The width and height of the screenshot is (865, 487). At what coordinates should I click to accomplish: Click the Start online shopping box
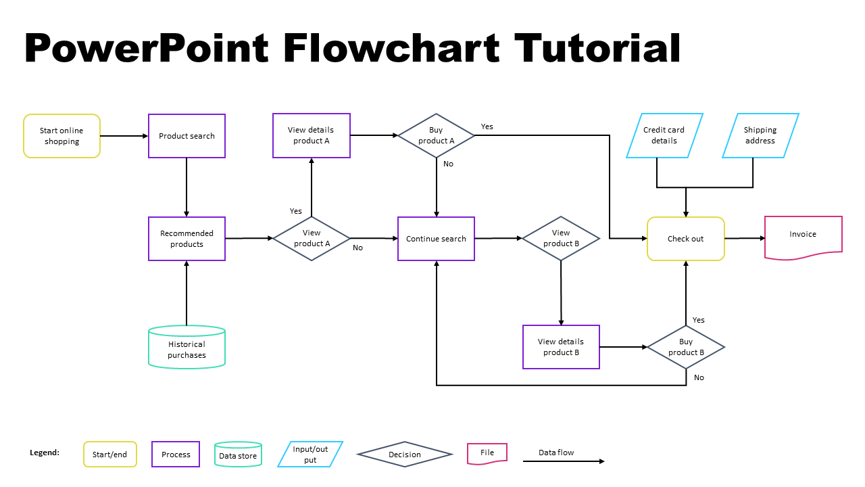pos(61,136)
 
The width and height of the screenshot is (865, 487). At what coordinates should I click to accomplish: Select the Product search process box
pos(187,136)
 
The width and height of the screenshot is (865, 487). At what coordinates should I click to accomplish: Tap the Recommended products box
pos(187,239)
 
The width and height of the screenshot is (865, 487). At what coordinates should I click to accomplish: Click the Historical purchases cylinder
pos(187,348)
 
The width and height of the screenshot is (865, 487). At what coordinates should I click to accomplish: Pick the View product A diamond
pos(312,238)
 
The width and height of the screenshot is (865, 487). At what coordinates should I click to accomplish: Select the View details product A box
pos(311,135)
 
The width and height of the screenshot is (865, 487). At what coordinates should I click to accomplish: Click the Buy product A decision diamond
pos(436,135)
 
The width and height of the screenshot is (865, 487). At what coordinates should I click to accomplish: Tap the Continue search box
pos(436,239)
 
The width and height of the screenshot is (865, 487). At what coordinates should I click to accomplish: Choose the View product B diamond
pos(561,238)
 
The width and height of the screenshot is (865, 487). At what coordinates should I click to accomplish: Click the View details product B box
pos(561,347)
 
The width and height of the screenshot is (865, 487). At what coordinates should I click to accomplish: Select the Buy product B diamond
pos(686,347)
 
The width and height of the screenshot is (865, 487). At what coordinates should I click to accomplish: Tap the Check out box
pos(686,239)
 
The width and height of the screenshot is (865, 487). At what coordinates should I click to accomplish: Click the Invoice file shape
pos(803,237)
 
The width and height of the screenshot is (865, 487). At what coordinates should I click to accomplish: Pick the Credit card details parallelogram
pos(664,135)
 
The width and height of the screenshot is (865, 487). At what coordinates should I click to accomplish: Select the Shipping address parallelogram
pos(760,135)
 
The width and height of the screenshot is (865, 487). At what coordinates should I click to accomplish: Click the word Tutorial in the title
pos(597,49)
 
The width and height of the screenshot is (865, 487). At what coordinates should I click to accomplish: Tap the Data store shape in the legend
pos(238,455)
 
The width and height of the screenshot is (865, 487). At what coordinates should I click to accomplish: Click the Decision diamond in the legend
pos(405,455)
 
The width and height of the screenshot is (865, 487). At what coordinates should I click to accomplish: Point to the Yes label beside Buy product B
pos(699,320)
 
